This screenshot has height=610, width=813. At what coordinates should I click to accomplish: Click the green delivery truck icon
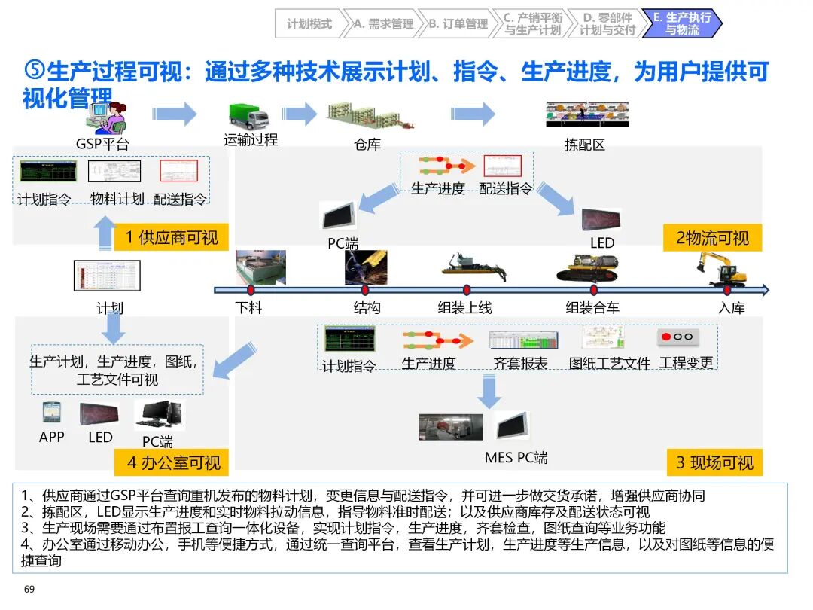248,116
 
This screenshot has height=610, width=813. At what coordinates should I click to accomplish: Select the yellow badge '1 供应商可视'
172,237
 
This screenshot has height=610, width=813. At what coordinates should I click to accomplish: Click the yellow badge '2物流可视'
712,238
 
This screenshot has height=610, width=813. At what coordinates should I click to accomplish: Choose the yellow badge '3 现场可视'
714,462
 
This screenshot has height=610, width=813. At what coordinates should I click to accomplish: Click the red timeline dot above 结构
365,290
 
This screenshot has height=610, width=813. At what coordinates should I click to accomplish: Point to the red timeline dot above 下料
251,290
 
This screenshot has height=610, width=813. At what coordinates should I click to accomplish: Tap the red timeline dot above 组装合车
593,290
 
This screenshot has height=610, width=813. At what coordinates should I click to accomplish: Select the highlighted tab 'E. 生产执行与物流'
681,24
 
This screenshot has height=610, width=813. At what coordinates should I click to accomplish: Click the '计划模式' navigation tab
309,24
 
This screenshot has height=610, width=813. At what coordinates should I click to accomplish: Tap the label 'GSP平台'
102,143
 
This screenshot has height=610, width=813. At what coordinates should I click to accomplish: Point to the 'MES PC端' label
516,457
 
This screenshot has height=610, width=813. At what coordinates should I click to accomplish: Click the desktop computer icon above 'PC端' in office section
160,414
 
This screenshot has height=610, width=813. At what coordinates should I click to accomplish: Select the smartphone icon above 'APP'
50,413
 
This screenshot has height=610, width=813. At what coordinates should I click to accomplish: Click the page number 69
30,588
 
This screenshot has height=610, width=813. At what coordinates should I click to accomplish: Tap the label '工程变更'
686,363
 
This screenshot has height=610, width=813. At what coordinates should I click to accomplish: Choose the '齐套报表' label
520,363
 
